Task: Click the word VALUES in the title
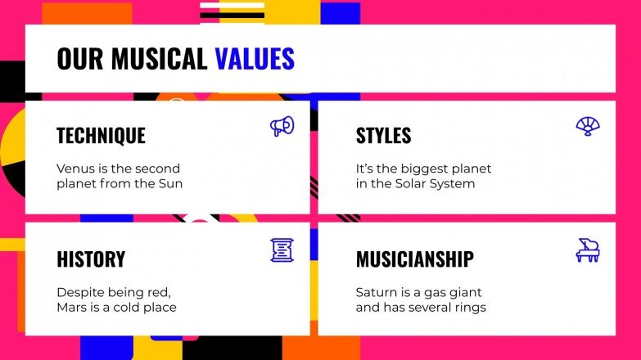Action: coord(255,59)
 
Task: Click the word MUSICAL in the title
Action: coord(160,59)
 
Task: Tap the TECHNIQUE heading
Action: coord(101,136)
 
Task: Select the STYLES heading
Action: coord(383,136)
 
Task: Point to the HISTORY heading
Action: coord(91,259)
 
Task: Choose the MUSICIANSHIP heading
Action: coord(414,259)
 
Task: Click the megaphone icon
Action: coord(282,126)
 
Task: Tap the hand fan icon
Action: coord(587,126)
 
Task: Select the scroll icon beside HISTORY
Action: coord(282,250)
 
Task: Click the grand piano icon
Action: coord(587,250)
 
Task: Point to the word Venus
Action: coord(74,169)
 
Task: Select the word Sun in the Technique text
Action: coord(171,183)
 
